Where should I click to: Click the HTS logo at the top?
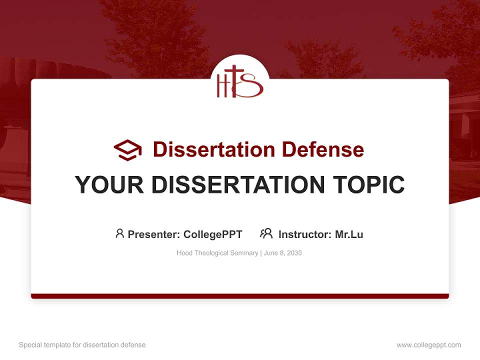coord(239,81)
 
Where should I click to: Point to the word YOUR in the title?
coord(109,185)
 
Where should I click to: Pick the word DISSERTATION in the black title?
coord(237,185)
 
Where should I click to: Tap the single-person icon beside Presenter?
coord(119,233)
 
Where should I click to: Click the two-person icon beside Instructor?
coord(266,233)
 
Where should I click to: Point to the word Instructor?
coord(304,234)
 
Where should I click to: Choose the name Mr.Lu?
coord(349,234)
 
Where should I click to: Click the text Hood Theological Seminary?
coord(216,253)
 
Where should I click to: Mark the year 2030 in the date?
coord(294,253)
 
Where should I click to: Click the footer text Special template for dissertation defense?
coord(82,345)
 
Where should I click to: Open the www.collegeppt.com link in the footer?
coord(428,345)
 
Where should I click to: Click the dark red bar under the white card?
coord(240,296)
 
